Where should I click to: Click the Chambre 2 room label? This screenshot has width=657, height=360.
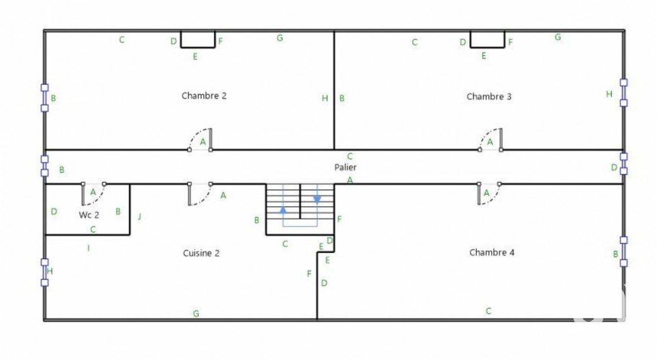point(204,96)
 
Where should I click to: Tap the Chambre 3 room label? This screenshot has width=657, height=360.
point(489,96)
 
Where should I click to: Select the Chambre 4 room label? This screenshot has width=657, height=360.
point(492,252)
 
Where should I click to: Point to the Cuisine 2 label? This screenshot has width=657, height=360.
point(201,253)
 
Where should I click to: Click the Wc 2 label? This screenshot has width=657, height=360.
point(89,215)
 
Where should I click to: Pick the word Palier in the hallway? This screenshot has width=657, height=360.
point(345,167)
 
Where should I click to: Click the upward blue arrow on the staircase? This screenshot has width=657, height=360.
point(283,209)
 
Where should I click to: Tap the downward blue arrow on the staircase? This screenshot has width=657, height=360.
point(317,200)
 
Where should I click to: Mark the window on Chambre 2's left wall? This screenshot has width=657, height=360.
point(44,98)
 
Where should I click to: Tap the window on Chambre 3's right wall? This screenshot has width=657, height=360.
point(623,92)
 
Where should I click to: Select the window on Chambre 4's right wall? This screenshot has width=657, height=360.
point(623,251)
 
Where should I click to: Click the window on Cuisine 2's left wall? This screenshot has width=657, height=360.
point(44,272)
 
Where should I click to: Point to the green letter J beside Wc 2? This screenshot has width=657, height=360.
point(140,216)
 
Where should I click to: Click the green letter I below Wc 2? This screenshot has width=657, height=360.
point(89,248)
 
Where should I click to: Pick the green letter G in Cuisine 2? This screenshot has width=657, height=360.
point(196,313)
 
